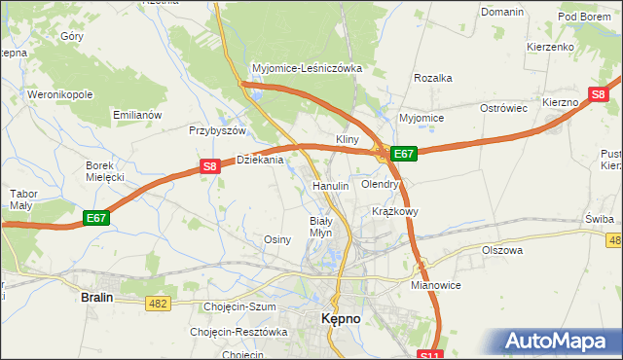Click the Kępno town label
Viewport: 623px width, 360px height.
[x=343, y=318]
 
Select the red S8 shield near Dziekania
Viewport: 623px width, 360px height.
[x=209, y=166]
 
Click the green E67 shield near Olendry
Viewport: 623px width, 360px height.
[x=404, y=154]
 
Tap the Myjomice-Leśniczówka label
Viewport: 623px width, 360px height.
[x=307, y=69]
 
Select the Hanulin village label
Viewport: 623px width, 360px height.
[x=330, y=185]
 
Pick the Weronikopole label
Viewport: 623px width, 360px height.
[x=59, y=95]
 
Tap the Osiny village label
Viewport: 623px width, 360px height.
[x=278, y=238]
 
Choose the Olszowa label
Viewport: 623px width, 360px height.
[x=502, y=250]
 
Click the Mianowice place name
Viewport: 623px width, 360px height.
[x=435, y=285]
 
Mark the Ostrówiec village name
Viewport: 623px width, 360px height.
[x=502, y=108]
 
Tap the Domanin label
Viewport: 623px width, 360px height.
[x=502, y=11]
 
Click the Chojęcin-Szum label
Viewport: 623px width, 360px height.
[x=240, y=306]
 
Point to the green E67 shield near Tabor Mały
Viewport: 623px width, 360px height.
[x=96, y=218]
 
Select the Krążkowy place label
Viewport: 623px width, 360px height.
[x=395, y=211]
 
